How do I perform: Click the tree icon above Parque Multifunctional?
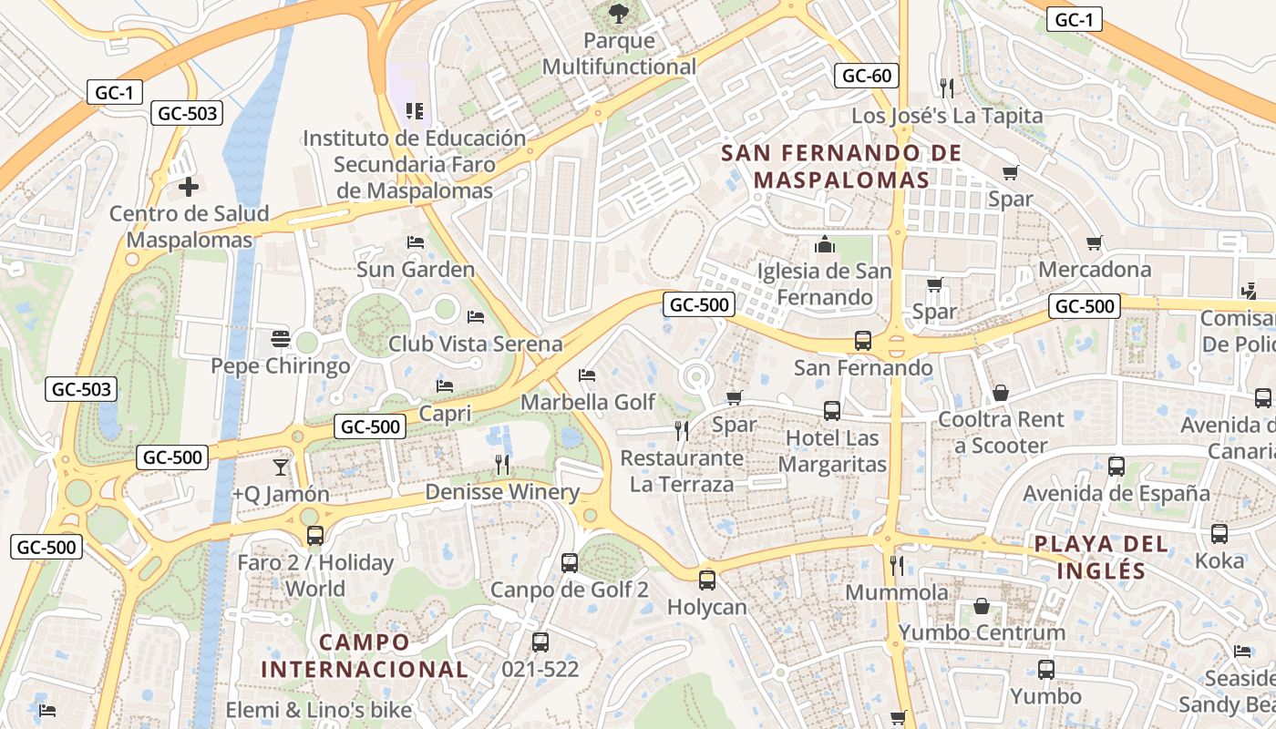tap(619, 14)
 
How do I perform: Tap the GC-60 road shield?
tap(867, 76)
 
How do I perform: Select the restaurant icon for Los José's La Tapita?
tap(947, 88)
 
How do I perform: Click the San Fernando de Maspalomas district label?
tap(841, 166)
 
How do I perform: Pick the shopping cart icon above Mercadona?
tap(1095, 243)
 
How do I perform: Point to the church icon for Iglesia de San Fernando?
tap(825, 244)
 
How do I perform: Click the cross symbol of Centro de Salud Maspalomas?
tap(189, 187)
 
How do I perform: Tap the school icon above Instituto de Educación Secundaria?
tap(415, 111)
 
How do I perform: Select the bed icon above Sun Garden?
tap(416, 242)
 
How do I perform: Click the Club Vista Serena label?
tap(475, 344)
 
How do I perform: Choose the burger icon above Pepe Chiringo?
tap(281, 340)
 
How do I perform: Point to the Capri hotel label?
tap(445, 413)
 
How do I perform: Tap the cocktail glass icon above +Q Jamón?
tap(280, 467)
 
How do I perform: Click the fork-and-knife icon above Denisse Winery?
tap(502, 465)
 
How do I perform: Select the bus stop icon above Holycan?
tap(707, 580)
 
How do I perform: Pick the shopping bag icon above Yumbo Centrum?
tap(982, 606)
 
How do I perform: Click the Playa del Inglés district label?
tap(1101, 557)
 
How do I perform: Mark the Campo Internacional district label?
tap(365, 655)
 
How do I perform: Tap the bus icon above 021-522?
tap(540, 642)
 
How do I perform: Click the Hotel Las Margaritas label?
tap(832, 451)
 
